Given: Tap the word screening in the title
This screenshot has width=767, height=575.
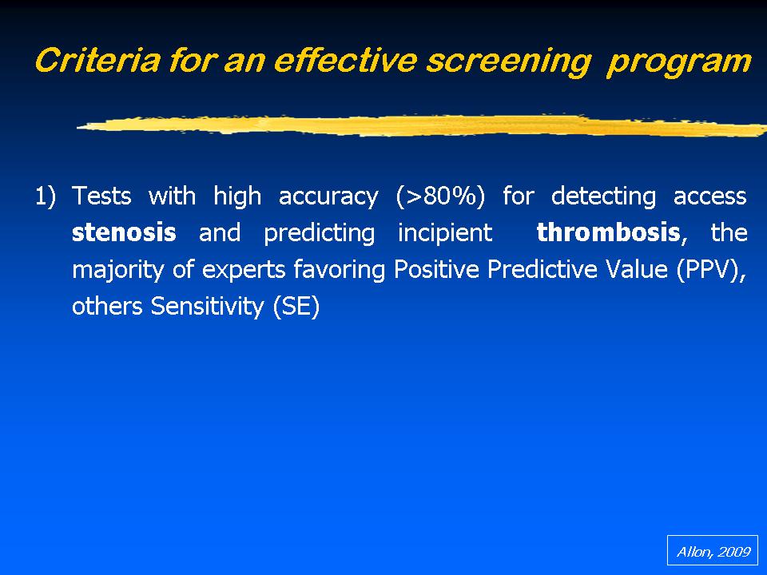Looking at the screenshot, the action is (509, 62).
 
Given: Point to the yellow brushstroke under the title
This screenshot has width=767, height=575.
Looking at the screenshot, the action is (422, 125).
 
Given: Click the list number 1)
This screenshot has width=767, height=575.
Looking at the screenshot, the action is (46, 196).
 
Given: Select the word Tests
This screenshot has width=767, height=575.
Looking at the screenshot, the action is (101, 196).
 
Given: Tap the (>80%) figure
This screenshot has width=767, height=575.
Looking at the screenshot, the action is (440, 196).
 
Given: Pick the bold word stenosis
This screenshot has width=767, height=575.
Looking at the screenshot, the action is (124, 232).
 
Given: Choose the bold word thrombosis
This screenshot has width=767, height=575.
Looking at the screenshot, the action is (608, 232).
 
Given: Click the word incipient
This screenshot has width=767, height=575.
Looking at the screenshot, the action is (445, 233).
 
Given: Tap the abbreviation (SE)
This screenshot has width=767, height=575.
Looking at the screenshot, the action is (296, 307).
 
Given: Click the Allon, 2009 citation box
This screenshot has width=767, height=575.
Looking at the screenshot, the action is (712, 550).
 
